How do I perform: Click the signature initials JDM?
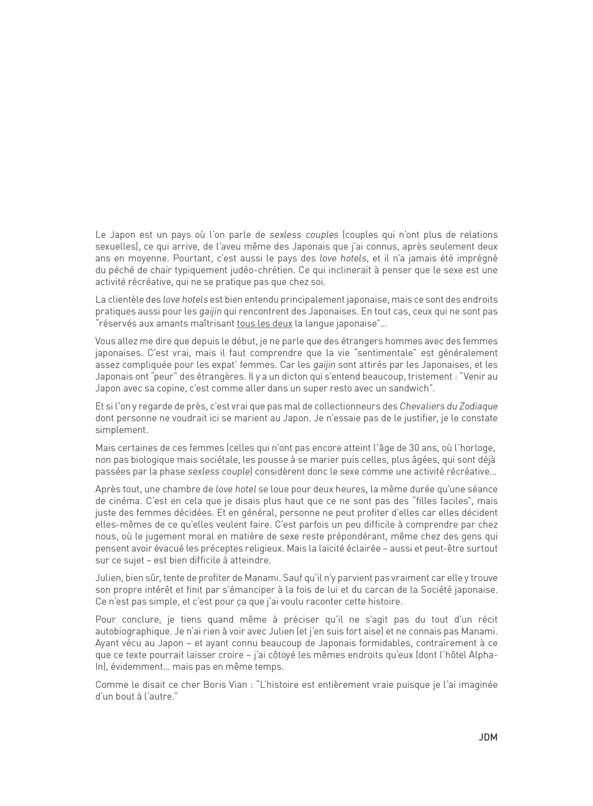pos(488,737)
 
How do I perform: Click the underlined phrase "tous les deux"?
pos(265,323)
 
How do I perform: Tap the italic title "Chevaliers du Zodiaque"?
pos(448,406)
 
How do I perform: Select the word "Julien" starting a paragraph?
pos(108,578)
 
